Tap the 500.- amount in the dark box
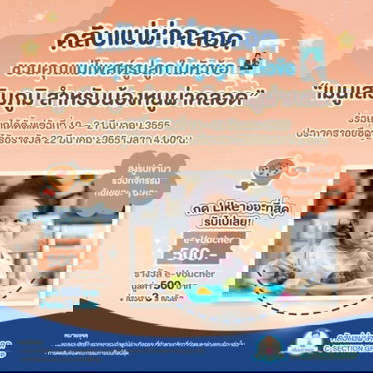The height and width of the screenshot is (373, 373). [x=191, y=254]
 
